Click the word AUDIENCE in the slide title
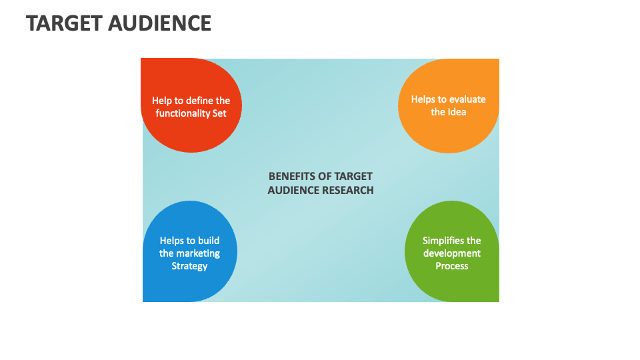[x=161, y=23]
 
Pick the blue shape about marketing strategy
[x=190, y=283]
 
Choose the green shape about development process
[x=452, y=283]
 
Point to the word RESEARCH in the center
[x=348, y=190]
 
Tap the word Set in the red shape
[x=219, y=113]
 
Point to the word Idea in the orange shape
[x=457, y=112]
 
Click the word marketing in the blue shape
[x=198, y=253]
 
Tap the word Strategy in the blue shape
[x=189, y=266]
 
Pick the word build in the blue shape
[x=208, y=241]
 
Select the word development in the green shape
[x=452, y=253]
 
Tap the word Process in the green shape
[x=452, y=266]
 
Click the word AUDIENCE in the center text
[x=293, y=190]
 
